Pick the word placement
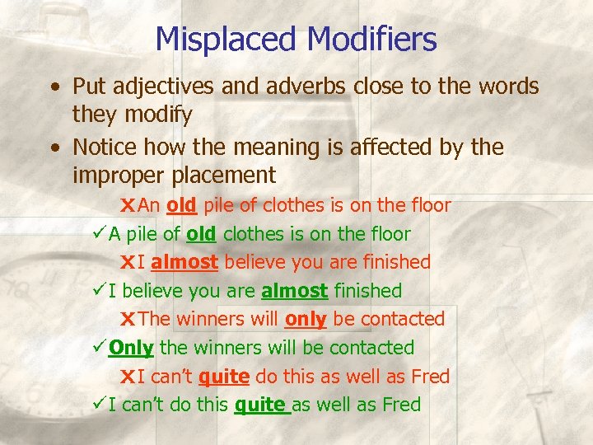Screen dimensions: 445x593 coord(223,176)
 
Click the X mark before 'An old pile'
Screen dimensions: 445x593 coord(128,205)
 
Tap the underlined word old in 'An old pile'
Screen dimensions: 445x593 coord(180,204)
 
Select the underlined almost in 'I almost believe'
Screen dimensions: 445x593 coord(184,261)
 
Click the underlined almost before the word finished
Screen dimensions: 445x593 coord(295,290)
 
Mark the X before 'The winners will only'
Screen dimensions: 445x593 coord(128,319)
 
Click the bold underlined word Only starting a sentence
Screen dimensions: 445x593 coord(131,348)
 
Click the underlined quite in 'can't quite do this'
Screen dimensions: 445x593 coord(224,377)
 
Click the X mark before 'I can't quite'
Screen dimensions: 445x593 coord(128,377)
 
